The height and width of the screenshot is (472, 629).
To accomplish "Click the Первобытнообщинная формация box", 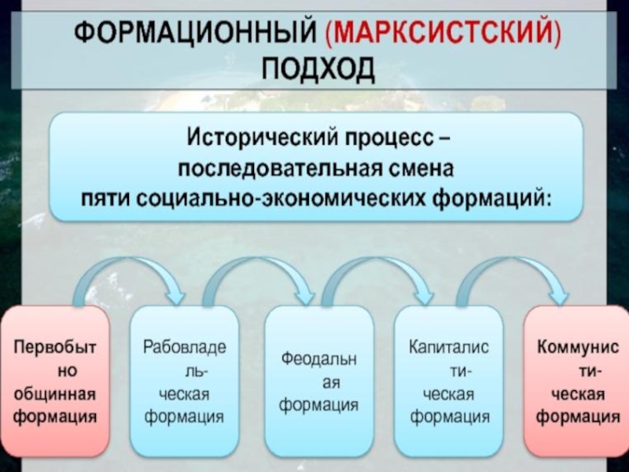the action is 54,381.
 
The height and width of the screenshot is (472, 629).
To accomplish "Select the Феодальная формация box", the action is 318,381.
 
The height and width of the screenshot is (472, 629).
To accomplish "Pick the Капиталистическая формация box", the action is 449,381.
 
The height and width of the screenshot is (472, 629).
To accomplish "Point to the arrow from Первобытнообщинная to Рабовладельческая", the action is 130,271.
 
